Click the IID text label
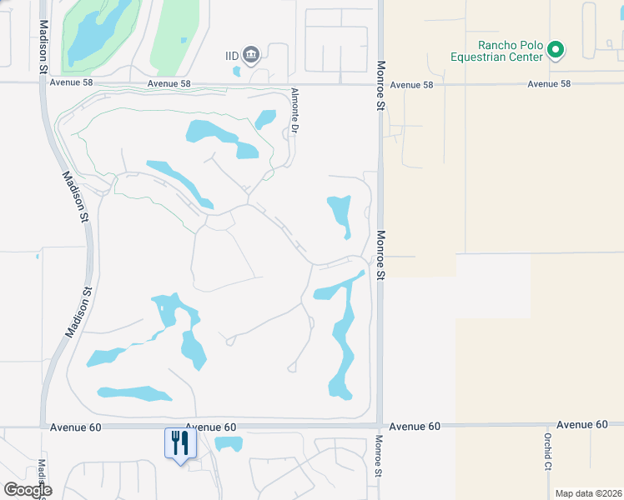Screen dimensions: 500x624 (233, 56)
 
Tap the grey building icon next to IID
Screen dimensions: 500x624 (251, 56)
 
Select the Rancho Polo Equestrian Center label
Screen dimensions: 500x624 (510, 51)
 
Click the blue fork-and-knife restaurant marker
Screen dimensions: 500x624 (179, 443)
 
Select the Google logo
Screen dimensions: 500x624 (28, 490)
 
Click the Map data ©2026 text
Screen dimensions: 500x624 (587, 493)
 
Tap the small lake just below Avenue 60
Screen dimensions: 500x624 (228, 444)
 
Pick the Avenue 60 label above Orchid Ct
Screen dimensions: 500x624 (582, 425)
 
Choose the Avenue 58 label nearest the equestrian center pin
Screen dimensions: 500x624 (550, 84)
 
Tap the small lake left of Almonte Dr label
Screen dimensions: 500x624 (265, 119)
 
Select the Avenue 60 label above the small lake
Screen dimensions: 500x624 (210, 427)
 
